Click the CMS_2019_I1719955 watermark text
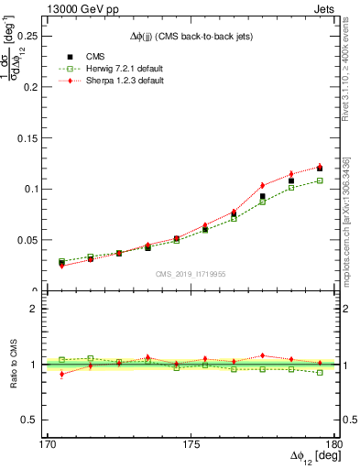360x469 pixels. [191, 273]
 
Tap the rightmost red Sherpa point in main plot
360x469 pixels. [320, 166]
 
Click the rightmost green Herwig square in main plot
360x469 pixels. [320, 180]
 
